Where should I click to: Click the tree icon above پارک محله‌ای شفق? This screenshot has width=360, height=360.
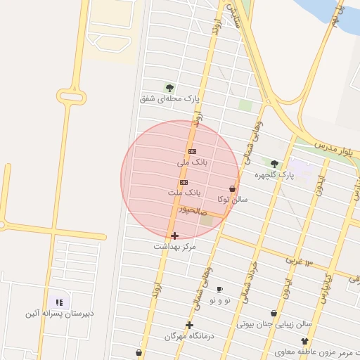[169, 87]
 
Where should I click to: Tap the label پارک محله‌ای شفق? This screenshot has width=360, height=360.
[169, 99]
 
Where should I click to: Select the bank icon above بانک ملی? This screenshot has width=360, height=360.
[192, 151]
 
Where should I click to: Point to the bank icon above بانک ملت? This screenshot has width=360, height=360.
[184, 182]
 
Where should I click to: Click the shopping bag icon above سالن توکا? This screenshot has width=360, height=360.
[232, 188]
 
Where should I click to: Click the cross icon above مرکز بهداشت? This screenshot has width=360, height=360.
[174, 236]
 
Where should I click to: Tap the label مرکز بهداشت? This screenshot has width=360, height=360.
[175, 247]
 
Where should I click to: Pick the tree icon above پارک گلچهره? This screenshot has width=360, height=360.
[274, 163]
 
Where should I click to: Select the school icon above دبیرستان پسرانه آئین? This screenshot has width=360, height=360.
[59, 302]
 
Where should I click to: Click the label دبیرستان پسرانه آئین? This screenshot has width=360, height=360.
[59, 313]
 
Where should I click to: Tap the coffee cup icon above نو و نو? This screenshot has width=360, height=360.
[219, 289]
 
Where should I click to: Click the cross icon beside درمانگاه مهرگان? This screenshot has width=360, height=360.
[189, 324]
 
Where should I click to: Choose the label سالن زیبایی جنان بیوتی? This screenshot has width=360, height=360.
[274, 325]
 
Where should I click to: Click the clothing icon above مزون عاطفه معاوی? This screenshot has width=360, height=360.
[304, 340]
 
